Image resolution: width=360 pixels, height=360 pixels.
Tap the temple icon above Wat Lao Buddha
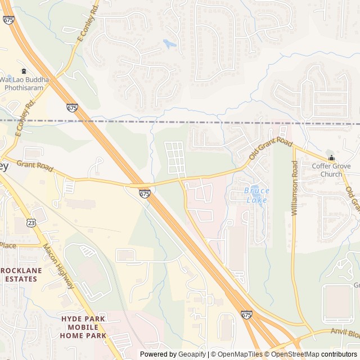click(24, 71)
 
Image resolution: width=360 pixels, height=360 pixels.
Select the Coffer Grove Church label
click(331, 170)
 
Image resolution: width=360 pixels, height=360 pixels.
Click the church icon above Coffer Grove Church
click(331, 158)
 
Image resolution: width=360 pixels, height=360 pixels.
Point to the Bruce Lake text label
click(256, 195)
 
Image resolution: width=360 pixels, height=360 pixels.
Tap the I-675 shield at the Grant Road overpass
click(145, 193)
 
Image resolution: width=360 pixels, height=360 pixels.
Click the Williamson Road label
click(294, 188)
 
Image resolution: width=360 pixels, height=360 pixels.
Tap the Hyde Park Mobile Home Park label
click(83, 327)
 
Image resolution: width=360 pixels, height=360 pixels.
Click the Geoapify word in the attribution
click(192, 354)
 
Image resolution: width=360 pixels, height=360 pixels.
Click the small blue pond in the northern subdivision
click(169, 43)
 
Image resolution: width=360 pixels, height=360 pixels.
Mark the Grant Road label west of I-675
click(34, 166)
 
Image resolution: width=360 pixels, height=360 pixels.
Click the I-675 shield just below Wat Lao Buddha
click(72, 107)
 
